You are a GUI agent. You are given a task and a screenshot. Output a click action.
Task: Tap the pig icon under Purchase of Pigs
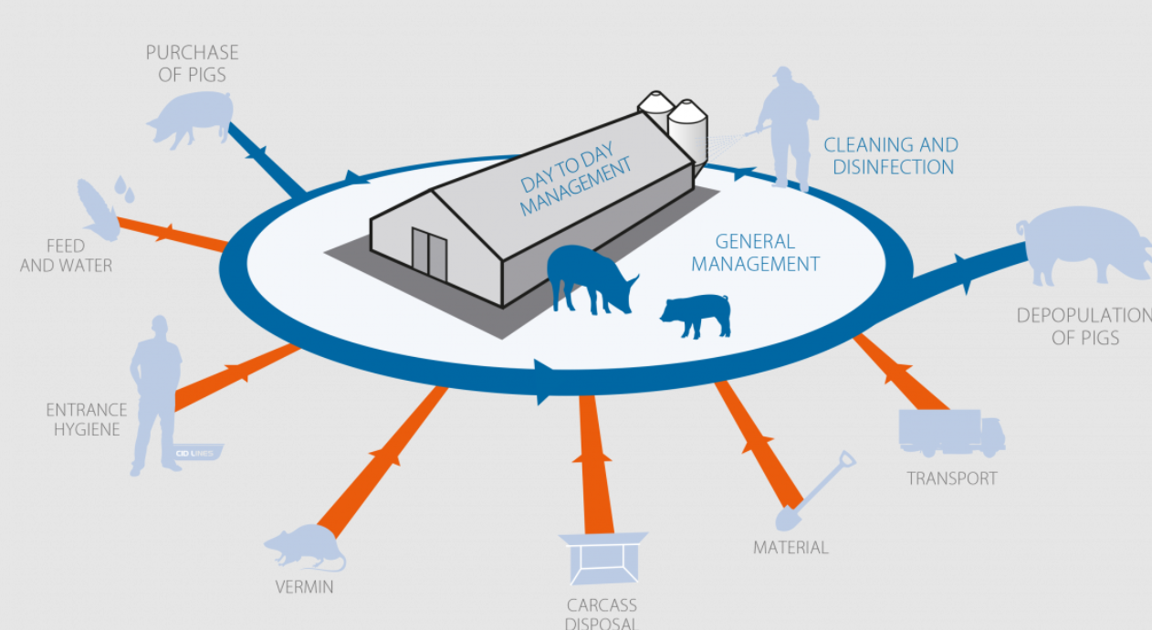(x=190, y=120)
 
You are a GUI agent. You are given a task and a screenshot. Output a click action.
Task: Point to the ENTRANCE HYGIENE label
(x=86, y=419)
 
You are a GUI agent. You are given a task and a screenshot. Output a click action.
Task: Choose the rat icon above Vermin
(x=304, y=547)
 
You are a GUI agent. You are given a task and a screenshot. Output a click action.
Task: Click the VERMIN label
(x=305, y=587)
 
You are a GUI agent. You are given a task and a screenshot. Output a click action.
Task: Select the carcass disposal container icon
(x=602, y=558)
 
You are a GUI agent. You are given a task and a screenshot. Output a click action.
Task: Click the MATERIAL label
(x=791, y=548)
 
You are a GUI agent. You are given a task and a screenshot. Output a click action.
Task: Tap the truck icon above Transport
(x=951, y=433)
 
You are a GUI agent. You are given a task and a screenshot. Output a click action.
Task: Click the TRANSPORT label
(x=952, y=478)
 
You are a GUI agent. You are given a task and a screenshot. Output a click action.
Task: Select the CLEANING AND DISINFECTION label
(x=890, y=156)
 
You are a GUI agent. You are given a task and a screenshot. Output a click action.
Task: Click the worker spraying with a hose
(x=785, y=128)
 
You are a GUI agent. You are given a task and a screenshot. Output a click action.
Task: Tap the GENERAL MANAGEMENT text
(x=755, y=253)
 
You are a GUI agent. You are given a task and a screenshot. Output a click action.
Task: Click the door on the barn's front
(x=429, y=254)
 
